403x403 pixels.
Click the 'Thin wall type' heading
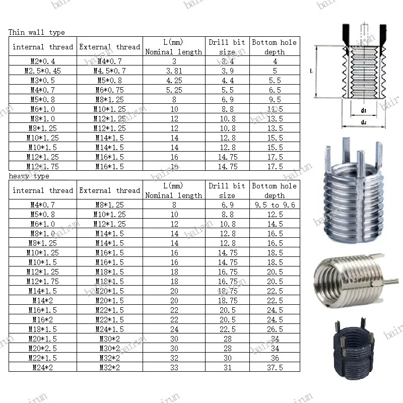[x=37, y=32]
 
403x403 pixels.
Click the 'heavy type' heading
[x=29, y=176]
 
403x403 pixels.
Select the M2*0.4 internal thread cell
[x=43, y=61]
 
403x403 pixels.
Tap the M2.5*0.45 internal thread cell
[x=43, y=71]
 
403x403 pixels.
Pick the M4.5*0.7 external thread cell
[x=109, y=71]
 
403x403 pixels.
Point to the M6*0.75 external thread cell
[x=109, y=90]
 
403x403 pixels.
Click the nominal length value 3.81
[x=174, y=71]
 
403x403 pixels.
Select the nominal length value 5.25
[x=174, y=90]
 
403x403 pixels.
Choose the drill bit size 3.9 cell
[x=227, y=71]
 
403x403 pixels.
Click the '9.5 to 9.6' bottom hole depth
[x=275, y=205]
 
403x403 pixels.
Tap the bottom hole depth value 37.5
[x=275, y=367]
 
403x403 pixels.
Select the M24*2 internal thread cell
[x=43, y=367]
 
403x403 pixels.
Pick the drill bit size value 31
[x=227, y=367]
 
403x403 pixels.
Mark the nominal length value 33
[x=174, y=367]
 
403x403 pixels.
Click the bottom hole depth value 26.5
[x=275, y=329]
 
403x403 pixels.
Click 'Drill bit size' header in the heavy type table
[x=227, y=190]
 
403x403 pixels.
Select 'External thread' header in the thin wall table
[x=109, y=47]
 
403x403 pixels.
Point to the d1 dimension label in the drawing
[x=363, y=110]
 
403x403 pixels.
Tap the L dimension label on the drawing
[x=311, y=72]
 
